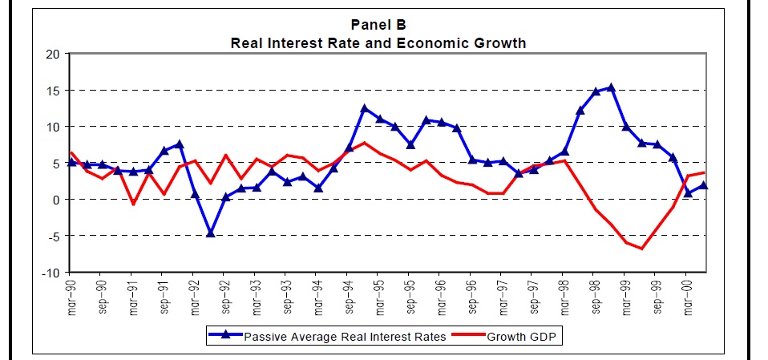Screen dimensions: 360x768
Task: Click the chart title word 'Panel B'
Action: point(378,25)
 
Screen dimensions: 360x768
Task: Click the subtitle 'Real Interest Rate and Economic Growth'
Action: point(378,42)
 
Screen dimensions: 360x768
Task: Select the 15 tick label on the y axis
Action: point(53,91)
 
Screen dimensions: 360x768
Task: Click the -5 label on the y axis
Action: point(53,236)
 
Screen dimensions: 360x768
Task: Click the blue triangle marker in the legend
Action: point(227,336)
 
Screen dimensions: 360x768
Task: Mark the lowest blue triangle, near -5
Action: point(211,233)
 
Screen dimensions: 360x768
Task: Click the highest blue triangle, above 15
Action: point(611,87)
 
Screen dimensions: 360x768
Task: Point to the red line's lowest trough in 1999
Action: point(641,249)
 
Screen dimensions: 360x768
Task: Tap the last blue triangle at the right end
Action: point(703,185)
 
